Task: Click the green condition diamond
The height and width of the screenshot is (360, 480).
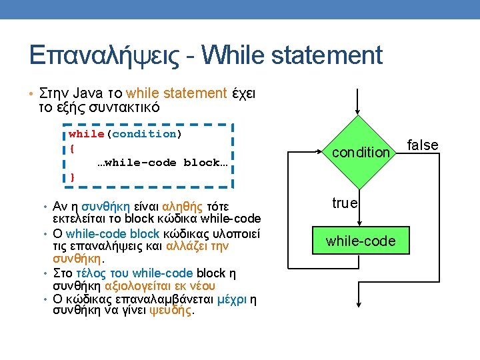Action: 359,152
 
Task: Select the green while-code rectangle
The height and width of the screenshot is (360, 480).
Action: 361,240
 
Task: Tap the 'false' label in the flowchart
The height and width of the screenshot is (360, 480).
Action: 423,145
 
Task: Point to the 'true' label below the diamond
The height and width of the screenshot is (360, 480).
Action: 345,203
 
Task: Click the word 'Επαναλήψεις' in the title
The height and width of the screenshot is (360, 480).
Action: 104,55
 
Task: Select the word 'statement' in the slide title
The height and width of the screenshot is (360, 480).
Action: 327,55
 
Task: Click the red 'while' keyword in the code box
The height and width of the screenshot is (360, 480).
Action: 86,134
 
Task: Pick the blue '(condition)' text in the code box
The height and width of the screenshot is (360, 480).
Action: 144,134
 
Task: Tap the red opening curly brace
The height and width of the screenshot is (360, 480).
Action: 72,149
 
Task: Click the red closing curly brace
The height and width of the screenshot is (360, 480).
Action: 72,177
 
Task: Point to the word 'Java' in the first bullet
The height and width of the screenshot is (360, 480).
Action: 87,93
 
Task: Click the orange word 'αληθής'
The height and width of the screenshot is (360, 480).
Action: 182,207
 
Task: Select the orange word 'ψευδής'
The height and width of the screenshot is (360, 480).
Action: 171,311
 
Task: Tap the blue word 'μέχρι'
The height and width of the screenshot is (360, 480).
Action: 232,299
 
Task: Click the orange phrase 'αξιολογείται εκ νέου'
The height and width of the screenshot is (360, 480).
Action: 160,286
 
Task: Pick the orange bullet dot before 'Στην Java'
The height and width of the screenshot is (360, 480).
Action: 31,93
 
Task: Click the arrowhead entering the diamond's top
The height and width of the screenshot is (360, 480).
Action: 357,112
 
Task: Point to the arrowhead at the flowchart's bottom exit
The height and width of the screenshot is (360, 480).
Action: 359,304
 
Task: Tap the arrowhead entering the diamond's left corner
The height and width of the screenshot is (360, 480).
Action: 319,151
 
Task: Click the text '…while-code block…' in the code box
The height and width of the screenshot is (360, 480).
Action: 163,163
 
